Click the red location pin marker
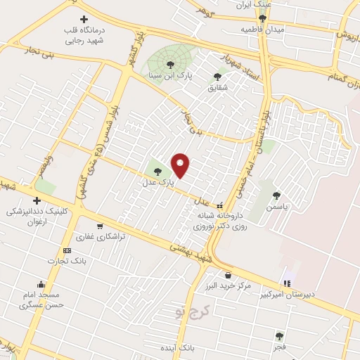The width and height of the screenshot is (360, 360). (x=181, y=166)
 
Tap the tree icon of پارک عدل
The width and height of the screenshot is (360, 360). (x=157, y=171)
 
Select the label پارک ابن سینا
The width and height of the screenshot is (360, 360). (x=169, y=74)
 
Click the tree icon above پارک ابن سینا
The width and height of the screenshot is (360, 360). (x=170, y=65)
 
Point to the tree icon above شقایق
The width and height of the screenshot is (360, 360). (x=217, y=77)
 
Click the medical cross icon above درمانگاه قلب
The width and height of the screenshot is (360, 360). (x=84, y=19)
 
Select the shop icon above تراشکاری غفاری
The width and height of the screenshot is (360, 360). (x=100, y=226)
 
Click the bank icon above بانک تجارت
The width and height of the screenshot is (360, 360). (x=67, y=250)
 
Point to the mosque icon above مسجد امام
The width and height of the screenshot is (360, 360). (x=41, y=285)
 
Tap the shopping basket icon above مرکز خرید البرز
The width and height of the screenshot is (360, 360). (x=228, y=274)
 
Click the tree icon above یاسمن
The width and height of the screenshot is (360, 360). (x=276, y=195)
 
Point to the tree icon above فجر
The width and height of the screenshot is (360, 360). (x=280, y=336)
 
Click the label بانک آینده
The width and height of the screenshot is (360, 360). (x=196, y=348)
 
